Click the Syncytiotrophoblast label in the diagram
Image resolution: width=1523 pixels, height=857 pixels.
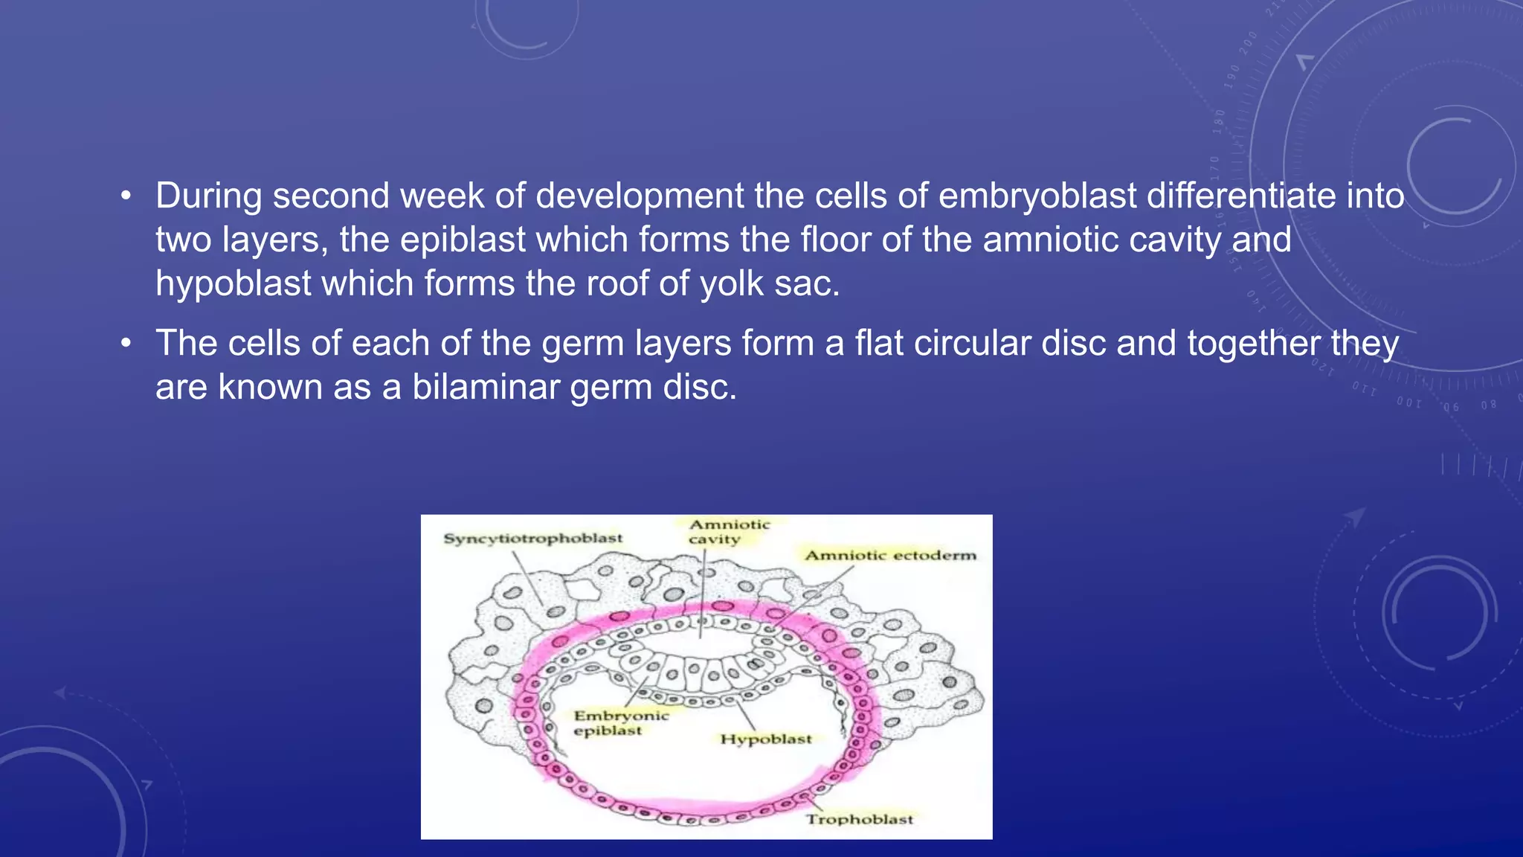tap(532, 538)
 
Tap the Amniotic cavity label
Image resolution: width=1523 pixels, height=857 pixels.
tap(727, 531)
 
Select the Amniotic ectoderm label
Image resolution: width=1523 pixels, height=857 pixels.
tap(890, 555)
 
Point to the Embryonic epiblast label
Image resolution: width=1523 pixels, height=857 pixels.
tap(620, 722)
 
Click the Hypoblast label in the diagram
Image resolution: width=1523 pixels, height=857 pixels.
tap(765, 739)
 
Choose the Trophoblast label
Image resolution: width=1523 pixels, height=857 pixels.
tap(859, 819)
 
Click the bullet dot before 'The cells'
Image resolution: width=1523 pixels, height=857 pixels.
tap(126, 344)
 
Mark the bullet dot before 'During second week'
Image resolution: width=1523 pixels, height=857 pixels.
tap(126, 196)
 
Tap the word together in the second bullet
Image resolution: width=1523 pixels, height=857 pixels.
tap(1254, 343)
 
